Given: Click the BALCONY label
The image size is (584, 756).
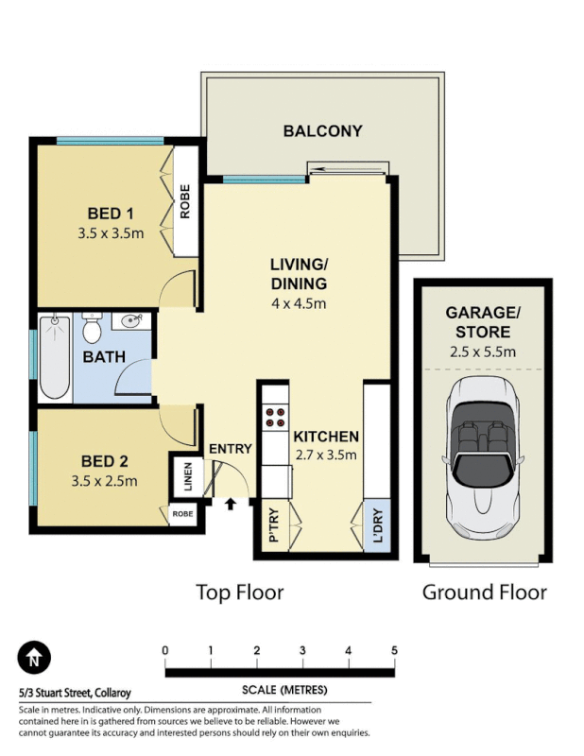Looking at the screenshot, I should click(322, 131).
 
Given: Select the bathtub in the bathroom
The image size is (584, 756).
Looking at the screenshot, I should click(54, 358).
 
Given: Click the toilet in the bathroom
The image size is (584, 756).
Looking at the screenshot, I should click(92, 330).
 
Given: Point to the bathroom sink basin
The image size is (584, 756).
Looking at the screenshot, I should click(130, 322).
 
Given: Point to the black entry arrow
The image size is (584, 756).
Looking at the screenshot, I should click(230, 505).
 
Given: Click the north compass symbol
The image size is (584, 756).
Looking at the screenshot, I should click(34, 656).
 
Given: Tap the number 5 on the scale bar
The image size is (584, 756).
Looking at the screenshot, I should click(394, 650).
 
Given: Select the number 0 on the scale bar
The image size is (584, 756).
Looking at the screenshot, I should click(165, 650).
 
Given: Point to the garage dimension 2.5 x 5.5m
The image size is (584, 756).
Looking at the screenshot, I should click(482, 352).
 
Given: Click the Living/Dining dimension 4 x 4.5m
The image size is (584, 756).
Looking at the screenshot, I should click(298, 303).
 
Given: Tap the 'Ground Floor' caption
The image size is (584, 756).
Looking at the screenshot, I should click(484, 593).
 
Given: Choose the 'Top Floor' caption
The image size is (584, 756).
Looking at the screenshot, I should click(239, 593).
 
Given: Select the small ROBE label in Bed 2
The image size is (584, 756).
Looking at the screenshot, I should click(182, 514).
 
